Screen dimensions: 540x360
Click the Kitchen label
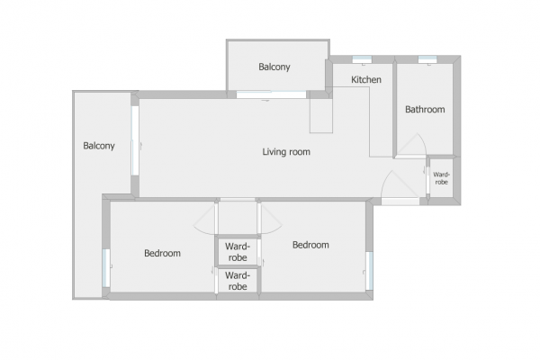(x=366, y=79)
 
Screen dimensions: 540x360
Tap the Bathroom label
(x=425, y=110)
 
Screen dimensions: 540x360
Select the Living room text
(x=286, y=152)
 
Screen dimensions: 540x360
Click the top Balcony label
(x=274, y=67)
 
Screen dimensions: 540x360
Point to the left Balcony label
(x=99, y=146)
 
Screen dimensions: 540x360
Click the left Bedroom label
(x=162, y=253)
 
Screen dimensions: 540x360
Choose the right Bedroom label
(x=310, y=245)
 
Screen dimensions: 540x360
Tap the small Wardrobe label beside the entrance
(x=441, y=178)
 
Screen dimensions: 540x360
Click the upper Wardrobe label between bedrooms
(x=238, y=252)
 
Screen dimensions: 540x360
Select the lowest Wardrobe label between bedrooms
(x=238, y=281)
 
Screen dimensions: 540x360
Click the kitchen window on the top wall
(x=362, y=59)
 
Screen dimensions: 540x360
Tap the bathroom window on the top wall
(x=427, y=59)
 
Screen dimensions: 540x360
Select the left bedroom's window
(x=106, y=268)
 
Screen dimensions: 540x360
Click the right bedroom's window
(x=369, y=271)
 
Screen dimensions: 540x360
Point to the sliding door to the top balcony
(x=272, y=94)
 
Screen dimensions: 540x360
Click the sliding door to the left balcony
(x=135, y=140)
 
